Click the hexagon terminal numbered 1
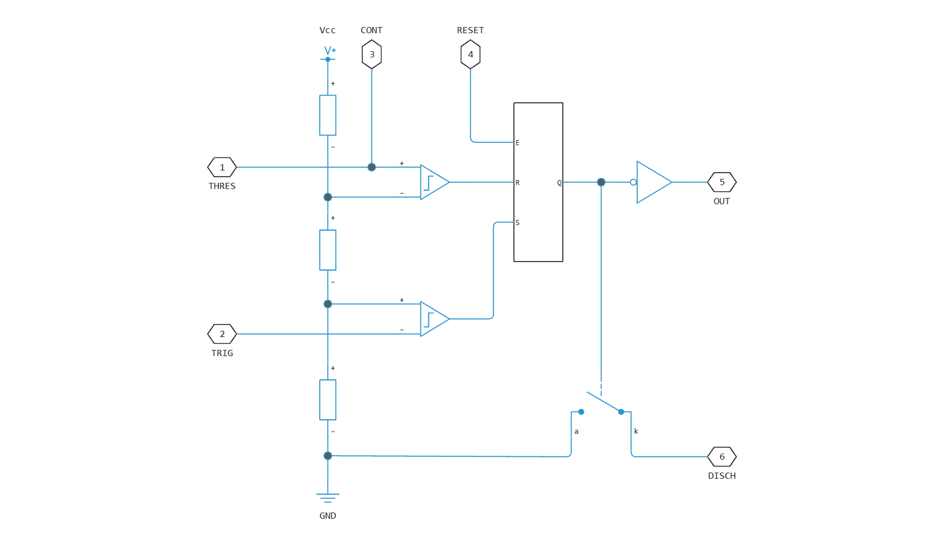(222, 168)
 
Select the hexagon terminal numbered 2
(222, 334)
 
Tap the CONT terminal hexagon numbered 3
(372, 55)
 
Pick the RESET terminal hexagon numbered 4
(470, 55)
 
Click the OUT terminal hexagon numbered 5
(722, 182)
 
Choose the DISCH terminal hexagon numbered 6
(722, 457)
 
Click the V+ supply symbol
(329, 53)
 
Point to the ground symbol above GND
(328, 498)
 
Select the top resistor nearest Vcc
(328, 115)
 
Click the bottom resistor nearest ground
(328, 400)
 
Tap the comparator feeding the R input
(434, 182)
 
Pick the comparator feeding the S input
(434, 319)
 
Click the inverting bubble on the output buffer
(633, 182)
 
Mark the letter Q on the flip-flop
(559, 183)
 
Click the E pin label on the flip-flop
(518, 143)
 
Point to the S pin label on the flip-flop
(518, 223)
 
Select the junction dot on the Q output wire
(601, 182)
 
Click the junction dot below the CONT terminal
(372, 168)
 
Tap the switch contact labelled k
(621, 412)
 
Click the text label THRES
(222, 186)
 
